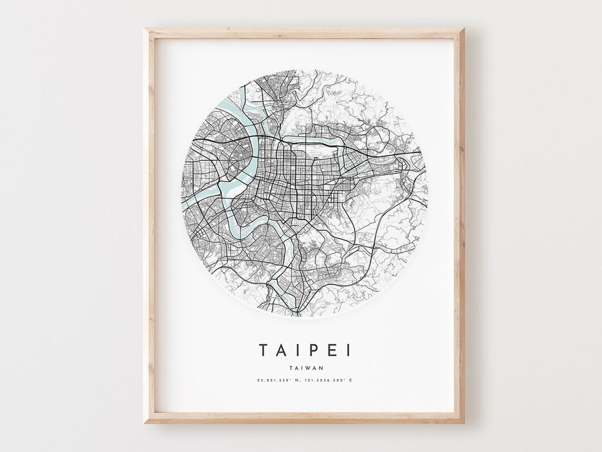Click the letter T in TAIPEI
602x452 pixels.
tap(264, 350)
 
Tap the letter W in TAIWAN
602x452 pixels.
tap(308, 367)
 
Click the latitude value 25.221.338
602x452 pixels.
tap(273, 381)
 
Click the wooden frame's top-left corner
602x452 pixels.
tap(145, 29)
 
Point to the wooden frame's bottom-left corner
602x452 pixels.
tap(145, 423)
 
